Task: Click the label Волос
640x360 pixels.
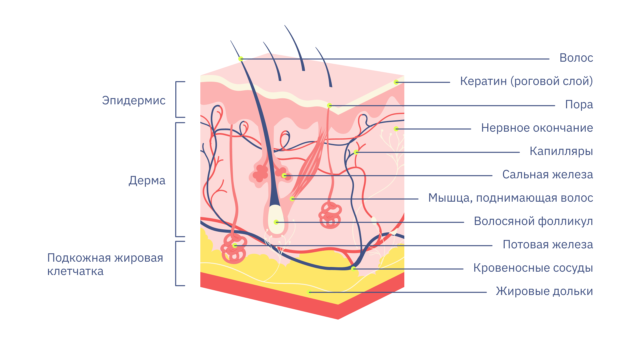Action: pyautogui.click(x=576, y=58)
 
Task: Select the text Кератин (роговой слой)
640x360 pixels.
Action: pyautogui.click(x=526, y=81)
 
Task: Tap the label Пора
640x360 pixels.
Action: pyautogui.click(x=579, y=105)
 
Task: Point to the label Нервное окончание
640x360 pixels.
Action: pyautogui.click(x=537, y=128)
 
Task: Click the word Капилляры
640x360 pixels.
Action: pyautogui.click(x=561, y=152)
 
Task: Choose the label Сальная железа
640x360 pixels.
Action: pyautogui.click(x=548, y=175)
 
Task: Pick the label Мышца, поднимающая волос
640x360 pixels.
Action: pyautogui.click(x=511, y=198)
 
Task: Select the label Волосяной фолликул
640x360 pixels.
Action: pyautogui.click(x=533, y=221)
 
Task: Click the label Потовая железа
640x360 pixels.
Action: pyautogui.click(x=548, y=245)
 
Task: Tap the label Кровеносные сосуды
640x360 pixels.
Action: pyautogui.click(x=533, y=268)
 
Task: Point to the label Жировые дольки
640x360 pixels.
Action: pyautogui.click(x=544, y=291)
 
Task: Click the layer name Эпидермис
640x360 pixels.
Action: pyautogui.click(x=134, y=101)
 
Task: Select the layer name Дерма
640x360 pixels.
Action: pyautogui.click(x=147, y=181)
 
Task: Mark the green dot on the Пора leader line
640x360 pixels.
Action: pyautogui.click(x=329, y=106)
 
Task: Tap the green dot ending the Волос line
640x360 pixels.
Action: pyautogui.click(x=241, y=59)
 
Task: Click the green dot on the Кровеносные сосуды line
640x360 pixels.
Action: pyautogui.click(x=353, y=269)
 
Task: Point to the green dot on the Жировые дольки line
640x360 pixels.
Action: pyautogui.click(x=308, y=292)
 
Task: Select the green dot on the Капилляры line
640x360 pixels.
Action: pyautogui.click(x=356, y=152)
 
